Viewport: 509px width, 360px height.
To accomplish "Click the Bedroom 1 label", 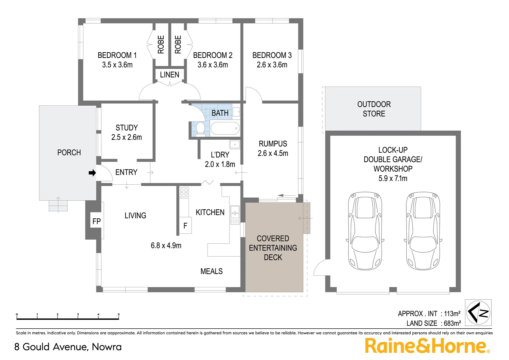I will pyautogui.click(x=117, y=55).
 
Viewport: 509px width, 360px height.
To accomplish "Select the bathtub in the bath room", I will pyautogui.click(x=225, y=128).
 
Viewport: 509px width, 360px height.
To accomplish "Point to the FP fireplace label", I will pyautogui.click(x=96, y=221).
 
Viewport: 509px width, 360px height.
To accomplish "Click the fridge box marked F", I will pyautogui.click(x=185, y=226).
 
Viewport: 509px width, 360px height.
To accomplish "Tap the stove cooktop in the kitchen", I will pyautogui.click(x=184, y=192).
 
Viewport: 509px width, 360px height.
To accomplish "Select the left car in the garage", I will pyautogui.click(x=365, y=231).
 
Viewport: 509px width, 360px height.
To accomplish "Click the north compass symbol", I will pyautogui.click(x=478, y=313).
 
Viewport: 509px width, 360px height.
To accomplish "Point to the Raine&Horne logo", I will pyautogui.click(x=427, y=346).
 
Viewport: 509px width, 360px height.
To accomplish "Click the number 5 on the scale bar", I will pyautogui.click(x=119, y=314).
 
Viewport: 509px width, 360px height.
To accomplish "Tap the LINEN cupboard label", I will pyautogui.click(x=170, y=75).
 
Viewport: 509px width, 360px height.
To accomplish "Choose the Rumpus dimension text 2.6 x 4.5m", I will pyautogui.click(x=273, y=153).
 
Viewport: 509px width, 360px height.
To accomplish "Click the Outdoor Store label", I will pyautogui.click(x=374, y=109).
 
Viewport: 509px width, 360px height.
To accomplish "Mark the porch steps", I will pyautogui.click(x=58, y=205).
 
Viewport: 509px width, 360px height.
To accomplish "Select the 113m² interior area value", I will pyautogui.click(x=452, y=314).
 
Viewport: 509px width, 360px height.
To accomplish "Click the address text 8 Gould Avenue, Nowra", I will pyautogui.click(x=68, y=347).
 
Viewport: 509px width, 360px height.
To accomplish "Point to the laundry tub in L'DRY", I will pyautogui.click(x=235, y=145).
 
